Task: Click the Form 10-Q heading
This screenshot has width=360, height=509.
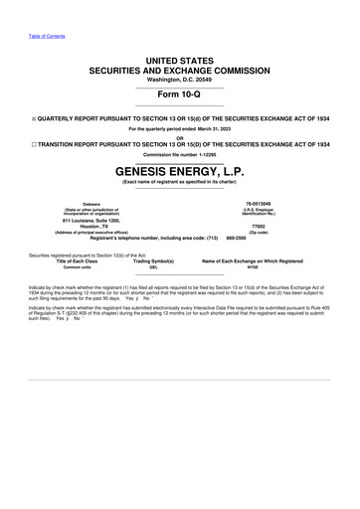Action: [180, 95]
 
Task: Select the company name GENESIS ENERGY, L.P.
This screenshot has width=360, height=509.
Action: [180, 171]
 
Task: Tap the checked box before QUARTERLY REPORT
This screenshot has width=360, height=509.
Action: [34, 117]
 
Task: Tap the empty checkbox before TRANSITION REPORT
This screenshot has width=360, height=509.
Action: [33, 144]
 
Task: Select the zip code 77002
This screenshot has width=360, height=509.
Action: [259, 226]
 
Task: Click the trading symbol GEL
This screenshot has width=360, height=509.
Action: [153, 267]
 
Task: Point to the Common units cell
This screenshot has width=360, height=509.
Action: [77, 267]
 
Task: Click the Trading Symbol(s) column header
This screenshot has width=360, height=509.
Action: [153, 260]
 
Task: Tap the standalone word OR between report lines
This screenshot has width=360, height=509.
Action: [180, 137]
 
